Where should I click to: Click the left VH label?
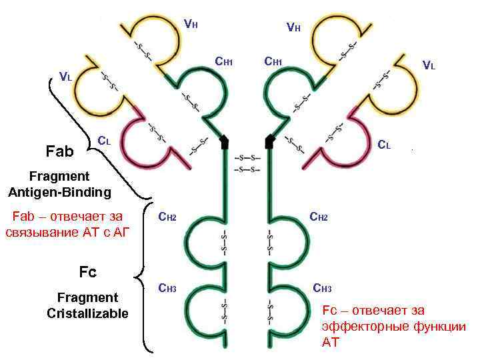click(x=191, y=25)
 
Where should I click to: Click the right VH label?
click(x=293, y=27)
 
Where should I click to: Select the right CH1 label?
click(x=273, y=62)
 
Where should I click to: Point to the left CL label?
click(x=104, y=141)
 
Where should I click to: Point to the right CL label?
click(x=385, y=144)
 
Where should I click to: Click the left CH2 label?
click(x=167, y=217)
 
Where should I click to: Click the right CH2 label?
click(x=318, y=217)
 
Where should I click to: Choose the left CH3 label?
click(x=167, y=289)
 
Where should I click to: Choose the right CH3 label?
click(x=322, y=289)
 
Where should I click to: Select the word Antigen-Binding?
click(x=60, y=193)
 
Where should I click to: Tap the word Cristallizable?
click(x=87, y=313)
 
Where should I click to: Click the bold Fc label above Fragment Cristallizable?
click(x=87, y=272)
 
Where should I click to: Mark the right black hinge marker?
click(x=270, y=141)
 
